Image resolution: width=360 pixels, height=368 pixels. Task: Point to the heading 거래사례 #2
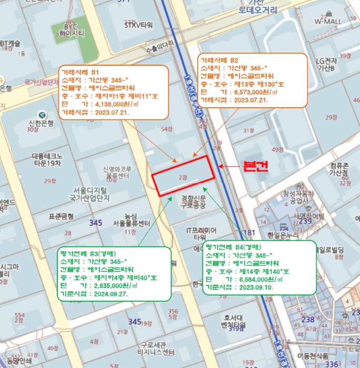pyautogui.click(x=219, y=60)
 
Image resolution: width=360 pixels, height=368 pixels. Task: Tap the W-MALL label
pyautogui.click(x=328, y=22)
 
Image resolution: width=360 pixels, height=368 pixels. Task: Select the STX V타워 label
pyautogui.click(x=138, y=25)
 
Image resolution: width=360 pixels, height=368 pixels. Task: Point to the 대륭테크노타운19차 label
pyautogui.click(x=47, y=159)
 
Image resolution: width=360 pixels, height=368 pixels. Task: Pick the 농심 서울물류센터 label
pyautogui.click(x=127, y=219)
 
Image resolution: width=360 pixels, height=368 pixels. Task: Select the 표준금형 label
pyautogui.click(x=60, y=216)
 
